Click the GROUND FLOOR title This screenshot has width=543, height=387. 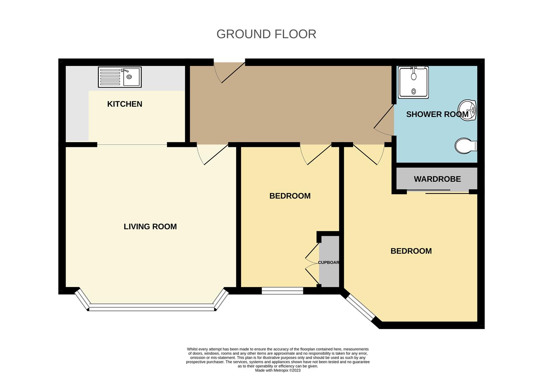(x=266, y=34)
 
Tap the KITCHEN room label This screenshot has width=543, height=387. (x=125, y=104)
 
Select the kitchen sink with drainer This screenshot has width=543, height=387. (x=120, y=77)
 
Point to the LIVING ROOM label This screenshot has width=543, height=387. (x=150, y=226)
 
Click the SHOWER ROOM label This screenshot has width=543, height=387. (x=437, y=114)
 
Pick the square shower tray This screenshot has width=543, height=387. (x=413, y=82)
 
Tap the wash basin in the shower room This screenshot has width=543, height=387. (x=467, y=110)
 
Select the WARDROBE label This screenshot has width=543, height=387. (x=437, y=179)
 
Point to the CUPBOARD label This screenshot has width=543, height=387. (x=328, y=262)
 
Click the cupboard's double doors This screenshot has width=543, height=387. (x=312, y=263)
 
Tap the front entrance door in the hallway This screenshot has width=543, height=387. (x=229, y=72)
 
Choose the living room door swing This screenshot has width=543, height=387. (x=212, y=155)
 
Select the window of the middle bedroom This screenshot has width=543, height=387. (x=282, y=291)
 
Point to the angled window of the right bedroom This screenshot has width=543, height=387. (x=360, y=307)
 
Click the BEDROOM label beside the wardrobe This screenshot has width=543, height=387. (x=411, y=251)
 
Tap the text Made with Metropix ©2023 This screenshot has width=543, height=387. (x=278, y=370)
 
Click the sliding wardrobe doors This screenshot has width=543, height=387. (x=438, y=192)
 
